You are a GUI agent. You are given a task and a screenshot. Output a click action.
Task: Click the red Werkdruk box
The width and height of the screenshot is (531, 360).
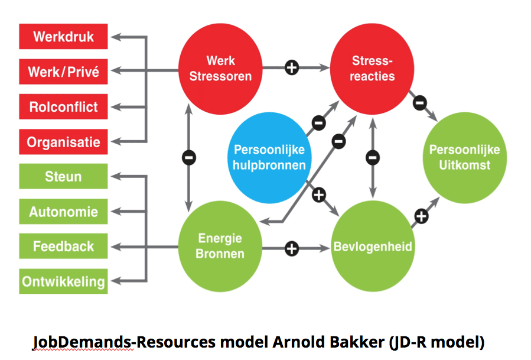(63, 37)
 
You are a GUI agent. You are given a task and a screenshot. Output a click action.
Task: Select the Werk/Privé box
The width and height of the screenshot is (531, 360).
(63, 72)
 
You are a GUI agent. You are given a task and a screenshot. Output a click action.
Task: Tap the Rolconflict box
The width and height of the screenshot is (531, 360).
(63, 108)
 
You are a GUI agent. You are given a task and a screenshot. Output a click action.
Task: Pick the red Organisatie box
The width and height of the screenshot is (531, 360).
(63, 142)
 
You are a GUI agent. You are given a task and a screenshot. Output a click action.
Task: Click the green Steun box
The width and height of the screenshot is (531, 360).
(63, 176)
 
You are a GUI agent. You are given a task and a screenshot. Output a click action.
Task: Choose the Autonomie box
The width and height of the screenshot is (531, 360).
(63, 211)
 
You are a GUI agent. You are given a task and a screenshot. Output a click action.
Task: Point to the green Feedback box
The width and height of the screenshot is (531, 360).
(63, 246)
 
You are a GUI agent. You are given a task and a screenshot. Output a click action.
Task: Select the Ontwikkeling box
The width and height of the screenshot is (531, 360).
(63, 281)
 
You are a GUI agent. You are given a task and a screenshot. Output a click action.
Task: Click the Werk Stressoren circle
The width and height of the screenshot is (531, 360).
(220, 68)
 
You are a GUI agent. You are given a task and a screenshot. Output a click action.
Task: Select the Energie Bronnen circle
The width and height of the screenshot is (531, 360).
(220, 246)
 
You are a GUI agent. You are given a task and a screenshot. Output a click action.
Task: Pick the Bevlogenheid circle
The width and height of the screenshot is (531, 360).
(372, 246)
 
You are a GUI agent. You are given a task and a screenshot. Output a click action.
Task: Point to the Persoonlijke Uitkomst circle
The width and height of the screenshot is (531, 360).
(464, 157)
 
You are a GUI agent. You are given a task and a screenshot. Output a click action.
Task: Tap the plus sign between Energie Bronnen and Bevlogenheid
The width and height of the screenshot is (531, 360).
(291, 248)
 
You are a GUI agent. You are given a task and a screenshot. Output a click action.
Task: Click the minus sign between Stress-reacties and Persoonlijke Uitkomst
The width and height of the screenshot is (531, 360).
(419, 102)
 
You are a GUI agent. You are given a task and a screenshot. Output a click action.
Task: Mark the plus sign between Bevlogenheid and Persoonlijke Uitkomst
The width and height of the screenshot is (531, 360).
(420, 216)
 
